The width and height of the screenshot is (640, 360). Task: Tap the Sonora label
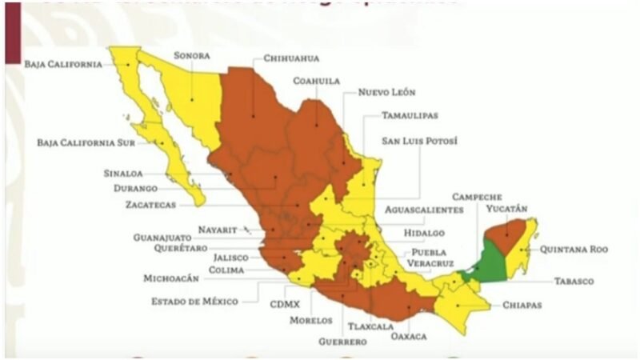(x=191, y=56)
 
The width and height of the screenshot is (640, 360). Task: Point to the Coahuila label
(x=317, y=81)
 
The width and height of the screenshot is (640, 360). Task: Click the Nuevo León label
(x=386, y=93)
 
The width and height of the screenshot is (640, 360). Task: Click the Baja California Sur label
(x=86, y=143)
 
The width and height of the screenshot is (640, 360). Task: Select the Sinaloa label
(x=122, y=173)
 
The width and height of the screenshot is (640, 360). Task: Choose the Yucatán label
(x=506, y=209)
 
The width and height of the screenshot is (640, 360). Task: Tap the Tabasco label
(x=573, y=282)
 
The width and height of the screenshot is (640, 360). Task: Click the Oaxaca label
(x=409, y=336)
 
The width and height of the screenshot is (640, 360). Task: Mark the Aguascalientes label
(x=423, y=210)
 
